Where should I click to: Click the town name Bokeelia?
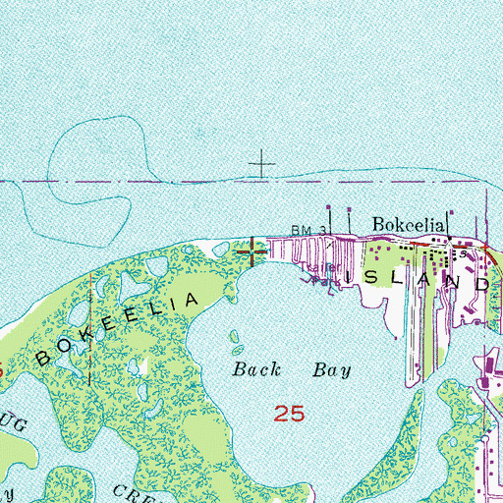point(410,225)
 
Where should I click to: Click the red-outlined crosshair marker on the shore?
point(253,251)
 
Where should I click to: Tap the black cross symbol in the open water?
point(262,163)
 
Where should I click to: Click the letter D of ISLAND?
point(480,282)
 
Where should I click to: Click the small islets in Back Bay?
point(236,341)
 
